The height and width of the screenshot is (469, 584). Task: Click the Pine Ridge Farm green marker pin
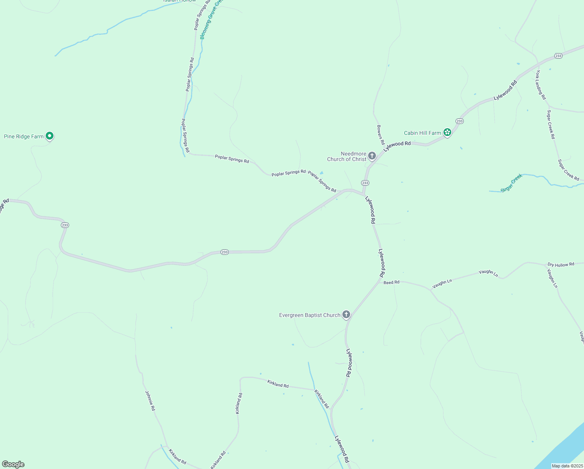50,136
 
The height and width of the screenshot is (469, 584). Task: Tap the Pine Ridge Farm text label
24,136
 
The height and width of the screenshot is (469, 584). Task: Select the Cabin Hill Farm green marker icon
447,132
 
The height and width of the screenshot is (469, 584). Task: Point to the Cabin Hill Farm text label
422,133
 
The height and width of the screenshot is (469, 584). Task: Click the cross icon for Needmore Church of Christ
372,156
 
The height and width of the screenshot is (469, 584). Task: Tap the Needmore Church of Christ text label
347,156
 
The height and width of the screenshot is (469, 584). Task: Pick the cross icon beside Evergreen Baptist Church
346,314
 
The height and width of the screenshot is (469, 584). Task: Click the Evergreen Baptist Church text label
310,315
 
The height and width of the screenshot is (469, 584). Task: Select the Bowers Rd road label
381,135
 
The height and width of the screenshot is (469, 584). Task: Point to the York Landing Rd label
541,85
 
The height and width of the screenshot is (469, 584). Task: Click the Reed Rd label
392,282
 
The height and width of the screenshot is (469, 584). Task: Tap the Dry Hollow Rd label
561,265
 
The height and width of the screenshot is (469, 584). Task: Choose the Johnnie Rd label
150,401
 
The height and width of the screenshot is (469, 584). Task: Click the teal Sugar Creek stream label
512,183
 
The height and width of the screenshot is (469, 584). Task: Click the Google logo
13,464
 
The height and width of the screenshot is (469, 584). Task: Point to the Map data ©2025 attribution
567,466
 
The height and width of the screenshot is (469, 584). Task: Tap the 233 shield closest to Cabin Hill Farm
459,121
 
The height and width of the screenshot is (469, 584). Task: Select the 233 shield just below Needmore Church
365,183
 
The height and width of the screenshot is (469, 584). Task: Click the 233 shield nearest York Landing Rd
558,56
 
